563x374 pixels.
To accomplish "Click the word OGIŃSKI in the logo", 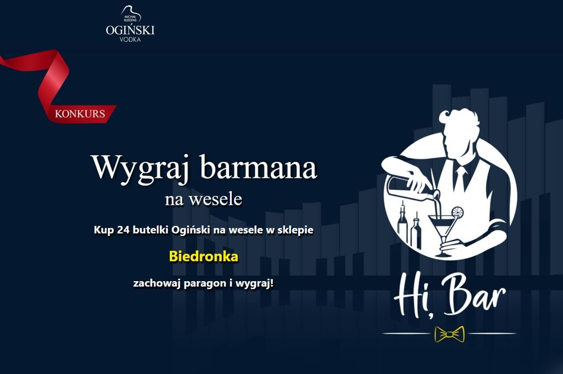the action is pos(131,30).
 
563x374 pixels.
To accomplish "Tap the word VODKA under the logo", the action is pos(130,39).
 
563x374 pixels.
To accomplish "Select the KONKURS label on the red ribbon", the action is pos(80,114).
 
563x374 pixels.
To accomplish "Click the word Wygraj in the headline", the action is pos(140,167).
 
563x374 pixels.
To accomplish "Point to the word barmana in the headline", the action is pos(258,167).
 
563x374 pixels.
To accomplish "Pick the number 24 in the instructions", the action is pos(123,229).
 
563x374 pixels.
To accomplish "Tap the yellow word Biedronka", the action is pos(204,256).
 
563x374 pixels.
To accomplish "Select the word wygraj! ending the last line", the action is pos(254,283).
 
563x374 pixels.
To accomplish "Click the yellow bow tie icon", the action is pos(450,334).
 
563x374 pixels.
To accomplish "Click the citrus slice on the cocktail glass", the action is pos(457,212).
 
